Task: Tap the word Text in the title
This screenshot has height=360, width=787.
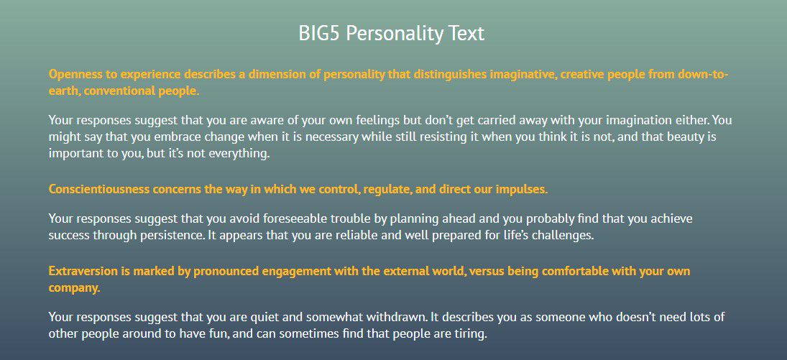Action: [x=466, y=34]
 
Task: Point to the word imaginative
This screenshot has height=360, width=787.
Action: [x=522, y=75]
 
